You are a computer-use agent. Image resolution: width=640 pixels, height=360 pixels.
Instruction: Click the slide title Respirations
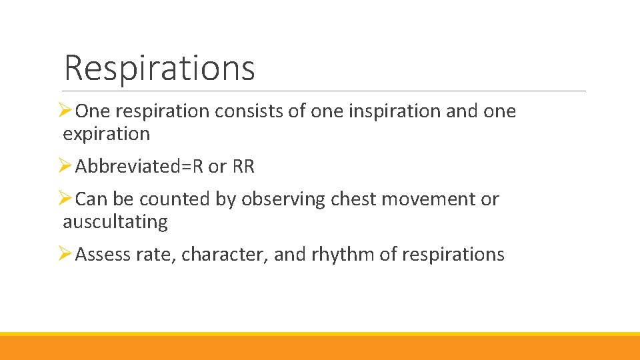pos(159,67)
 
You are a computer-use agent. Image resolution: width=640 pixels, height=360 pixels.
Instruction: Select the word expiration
pos(106,134)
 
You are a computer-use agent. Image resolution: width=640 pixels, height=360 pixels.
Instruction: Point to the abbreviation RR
pos(243,167)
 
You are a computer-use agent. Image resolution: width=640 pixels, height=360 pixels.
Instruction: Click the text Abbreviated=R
pos(139,167)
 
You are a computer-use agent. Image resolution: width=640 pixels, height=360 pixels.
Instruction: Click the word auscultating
pos(115,221)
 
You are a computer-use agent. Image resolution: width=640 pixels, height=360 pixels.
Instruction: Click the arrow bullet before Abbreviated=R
pos(66,166)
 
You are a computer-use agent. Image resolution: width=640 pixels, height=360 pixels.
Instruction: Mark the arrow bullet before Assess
pos(66,254)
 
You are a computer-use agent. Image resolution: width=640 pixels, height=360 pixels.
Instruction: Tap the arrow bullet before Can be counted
pos(66,199)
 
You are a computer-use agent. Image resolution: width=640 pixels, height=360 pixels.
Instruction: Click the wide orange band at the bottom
pos(320,348)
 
